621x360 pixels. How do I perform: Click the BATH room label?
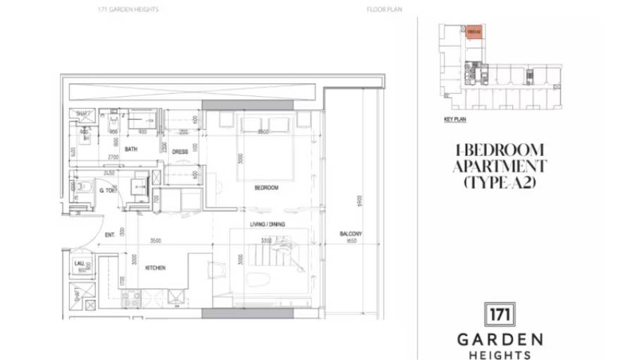131,149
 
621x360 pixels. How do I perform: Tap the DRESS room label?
179,150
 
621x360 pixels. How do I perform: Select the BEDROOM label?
266,188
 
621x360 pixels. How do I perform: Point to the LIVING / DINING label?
266,224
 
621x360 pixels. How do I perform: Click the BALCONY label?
350,234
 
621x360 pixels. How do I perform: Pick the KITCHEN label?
155,269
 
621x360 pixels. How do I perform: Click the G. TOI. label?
107,191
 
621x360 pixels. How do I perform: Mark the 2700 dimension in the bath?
112,157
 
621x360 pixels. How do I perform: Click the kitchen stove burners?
132,299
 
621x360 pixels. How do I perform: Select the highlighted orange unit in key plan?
473,31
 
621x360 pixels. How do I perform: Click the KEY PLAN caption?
455,120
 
